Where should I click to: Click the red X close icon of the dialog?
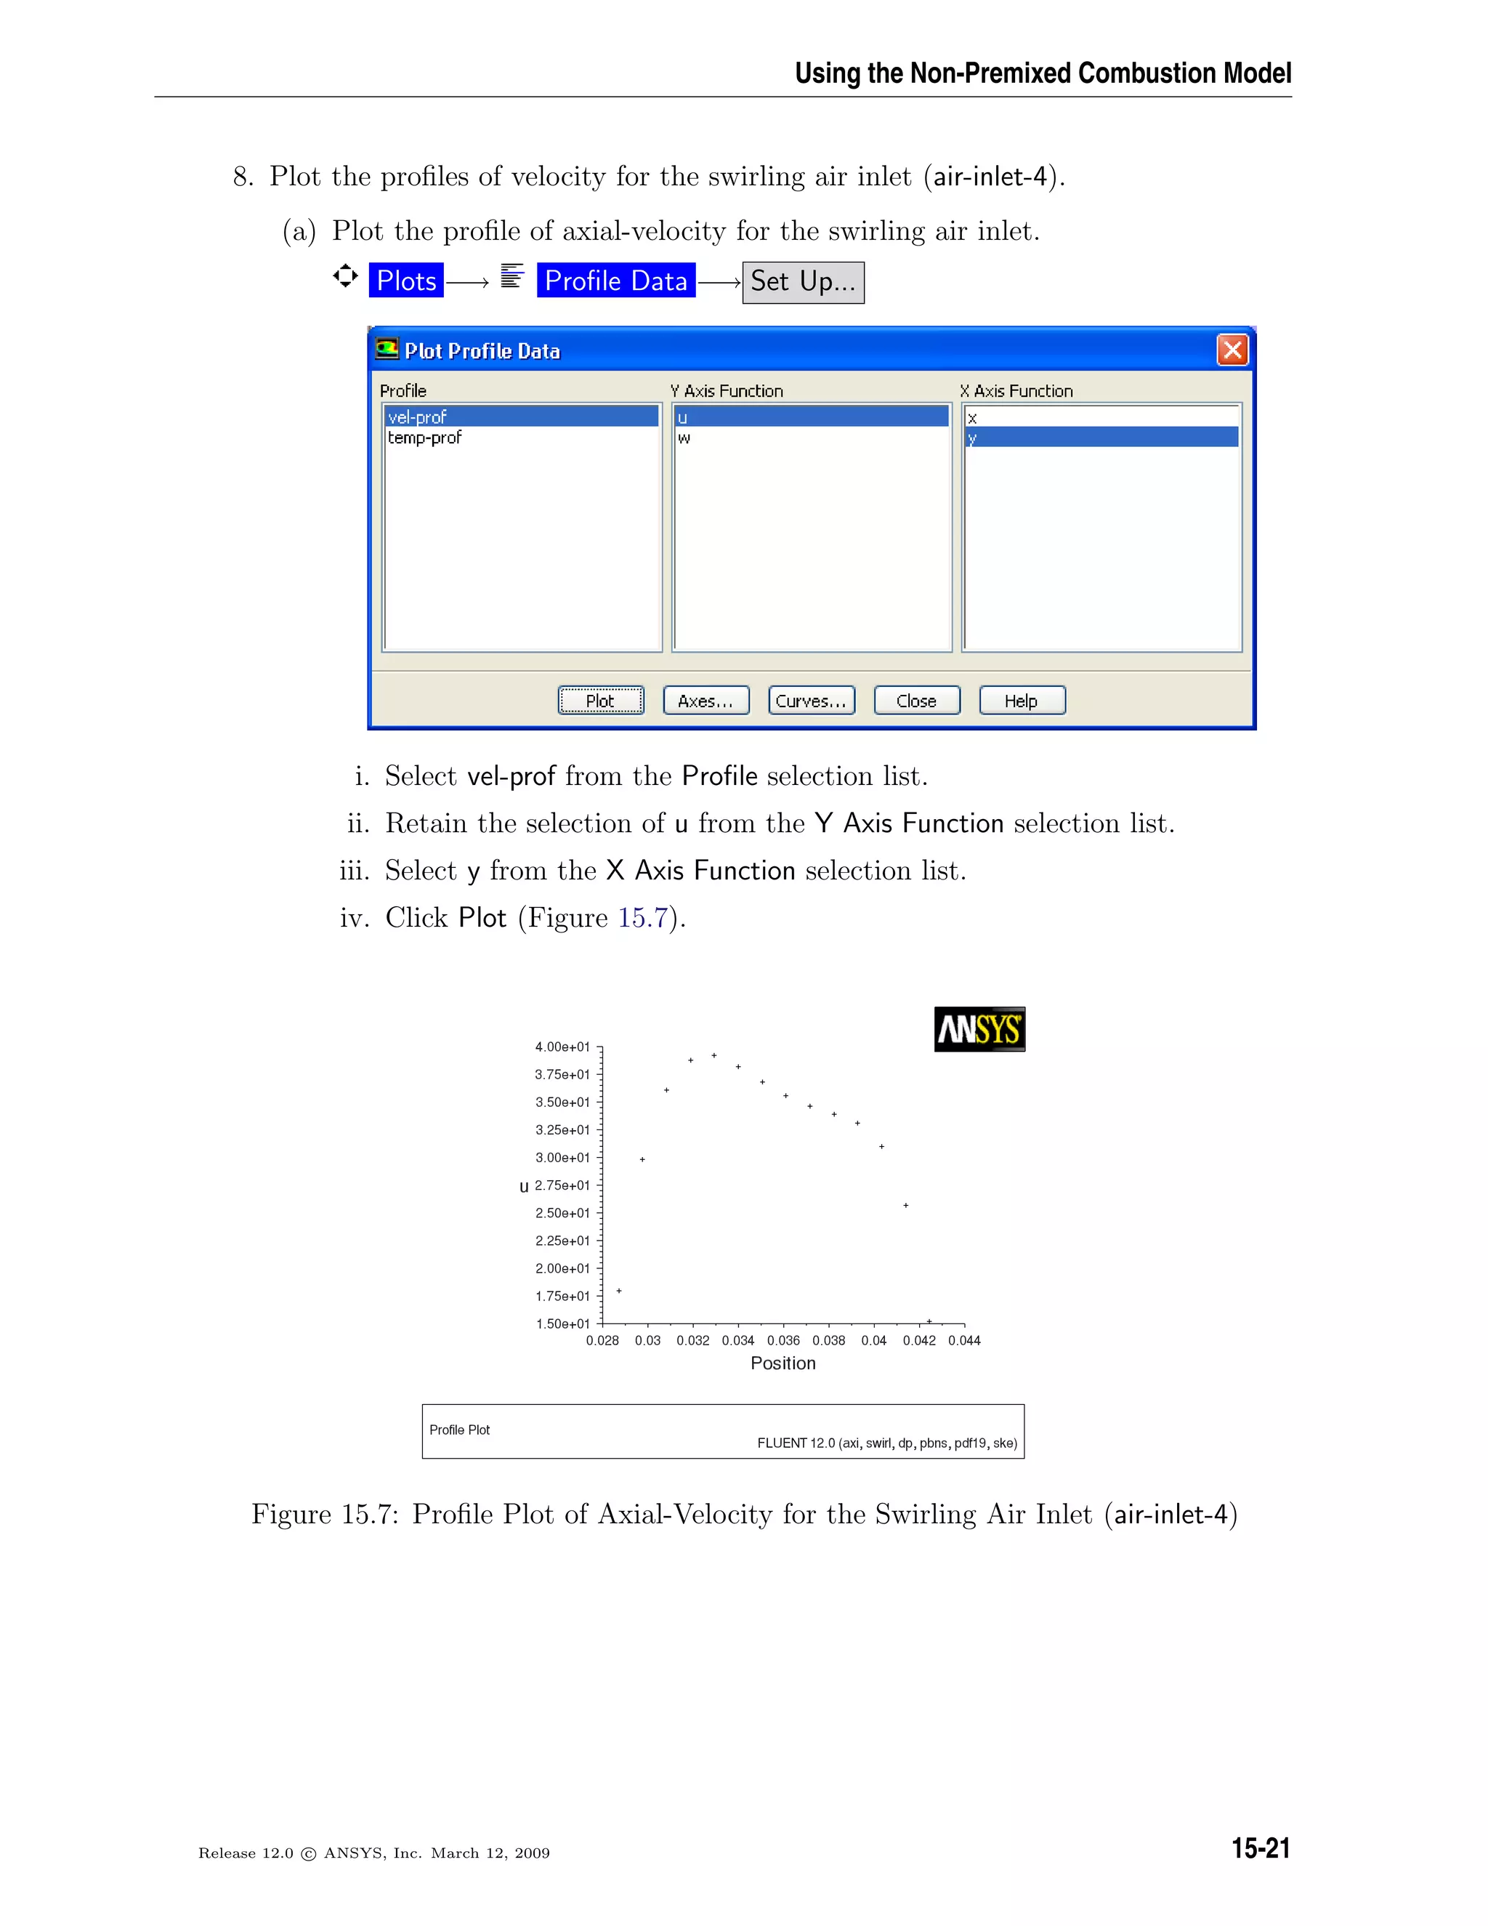click(x=1232, y=350)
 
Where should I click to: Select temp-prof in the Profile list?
click(x=425, y=438)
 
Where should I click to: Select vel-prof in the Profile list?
click(x=418, y=416)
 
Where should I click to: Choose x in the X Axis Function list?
click(x=972, y=417)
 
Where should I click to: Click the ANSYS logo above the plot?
click(x=979, y=1028)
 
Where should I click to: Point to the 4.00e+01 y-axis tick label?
click(x=562, y=1047)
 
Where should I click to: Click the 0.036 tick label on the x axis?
click(x=783, y=1340)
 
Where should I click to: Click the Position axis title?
click(x=783, y=1363)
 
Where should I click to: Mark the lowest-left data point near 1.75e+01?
click(x=619, y=1291)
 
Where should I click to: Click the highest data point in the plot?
click(x=714, y=1055)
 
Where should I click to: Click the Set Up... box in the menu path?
click(x=803, y=282)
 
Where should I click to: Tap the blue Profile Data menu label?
click(x=615, y=281)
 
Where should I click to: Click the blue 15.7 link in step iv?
click(x=642, y=918)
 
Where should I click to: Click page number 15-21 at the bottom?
click(x=1260, y=1848)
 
